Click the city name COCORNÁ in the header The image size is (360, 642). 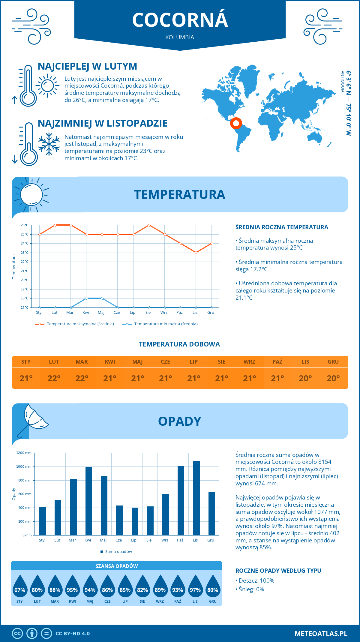[180, 20]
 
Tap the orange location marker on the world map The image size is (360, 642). [236, 123]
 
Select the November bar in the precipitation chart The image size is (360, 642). [196, 498]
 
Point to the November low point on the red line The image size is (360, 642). [196, 253]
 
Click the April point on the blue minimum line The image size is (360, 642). [86, 298]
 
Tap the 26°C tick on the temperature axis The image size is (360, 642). [25, 225]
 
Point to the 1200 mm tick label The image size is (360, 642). [24, 453]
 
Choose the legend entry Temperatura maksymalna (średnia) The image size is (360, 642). [80, 324]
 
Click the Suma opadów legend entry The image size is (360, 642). [118, 552]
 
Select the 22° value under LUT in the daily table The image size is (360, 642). [54, 378]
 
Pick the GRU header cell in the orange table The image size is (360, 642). [333, 362]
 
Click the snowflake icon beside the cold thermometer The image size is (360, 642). [49, 144]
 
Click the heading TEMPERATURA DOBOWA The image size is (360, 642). [179, 344]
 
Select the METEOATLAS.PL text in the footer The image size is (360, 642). [321, 634]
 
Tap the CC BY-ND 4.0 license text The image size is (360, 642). [73, 634]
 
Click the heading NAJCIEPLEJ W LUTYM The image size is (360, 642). [87, 66]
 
